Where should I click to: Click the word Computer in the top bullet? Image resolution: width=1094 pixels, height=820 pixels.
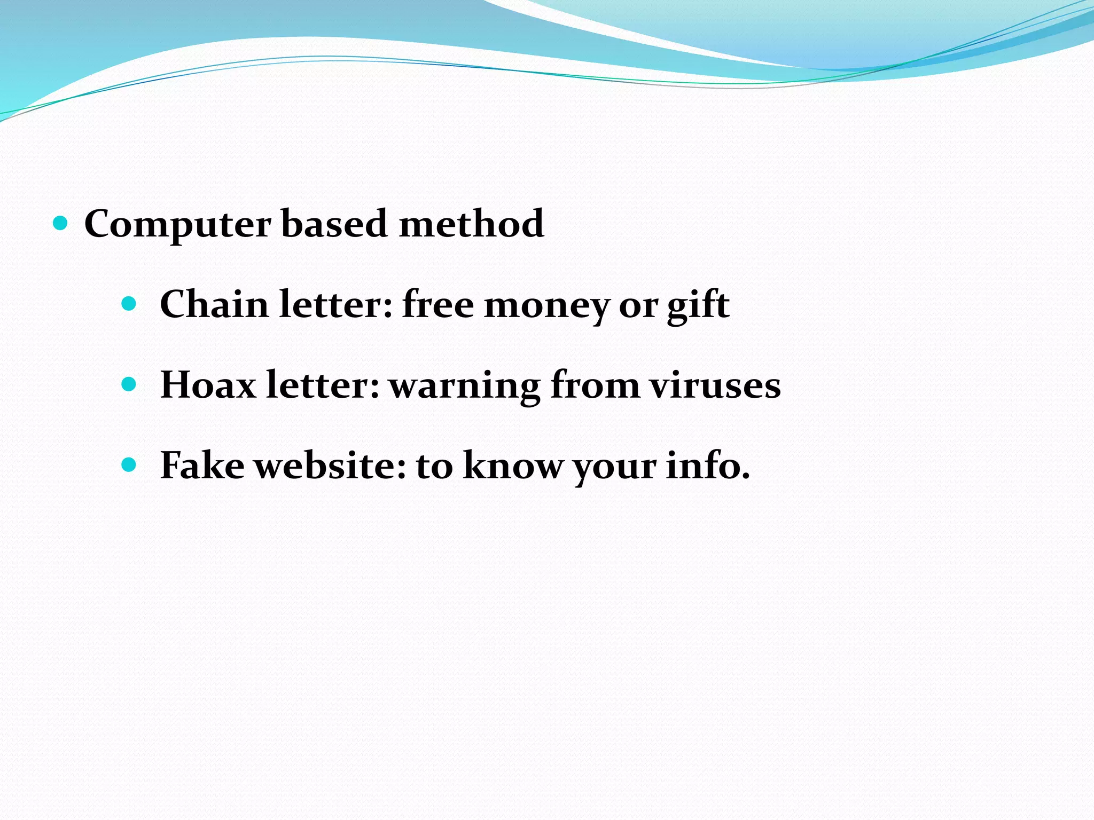(x=177, y=224)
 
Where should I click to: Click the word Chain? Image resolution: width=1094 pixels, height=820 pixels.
(x=214, y=304)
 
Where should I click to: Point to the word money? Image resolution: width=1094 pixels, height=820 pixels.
(x=546, y=306)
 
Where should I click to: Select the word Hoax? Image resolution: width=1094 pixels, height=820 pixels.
(x=208, y=385)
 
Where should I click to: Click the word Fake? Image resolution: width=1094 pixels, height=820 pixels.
(x=202, y=466)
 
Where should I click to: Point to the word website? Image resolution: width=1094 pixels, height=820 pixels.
(x=330, y=466)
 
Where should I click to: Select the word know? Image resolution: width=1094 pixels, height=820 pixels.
(x=513, y=466)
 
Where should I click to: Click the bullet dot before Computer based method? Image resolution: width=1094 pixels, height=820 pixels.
(x=61, y=223)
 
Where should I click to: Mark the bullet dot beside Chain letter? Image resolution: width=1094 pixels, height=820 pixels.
(x=129, y=304)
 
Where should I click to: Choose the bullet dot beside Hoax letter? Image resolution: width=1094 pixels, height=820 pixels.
(x=129, y=384)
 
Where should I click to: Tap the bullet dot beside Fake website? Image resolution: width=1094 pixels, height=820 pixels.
(x=129, y=465)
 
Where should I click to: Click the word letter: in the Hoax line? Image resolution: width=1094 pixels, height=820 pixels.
(x=323, y=385)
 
